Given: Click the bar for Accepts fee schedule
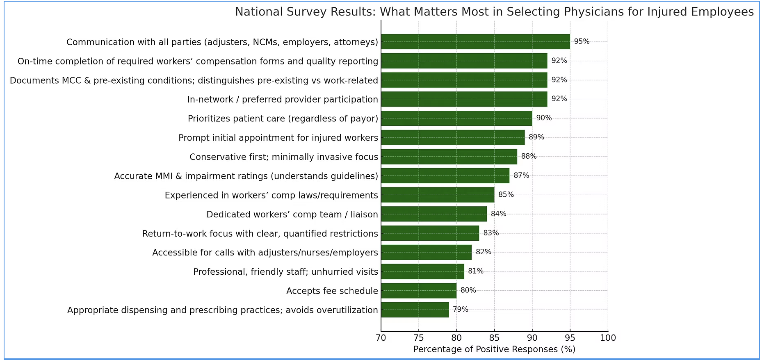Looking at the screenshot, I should [x=418, y=291].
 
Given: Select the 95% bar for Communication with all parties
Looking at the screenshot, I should [x=475, y=42].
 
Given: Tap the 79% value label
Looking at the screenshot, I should [x=461, y=310].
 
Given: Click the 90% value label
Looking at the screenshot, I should [x=544, y=118].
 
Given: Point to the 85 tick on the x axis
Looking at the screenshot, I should [x=494, y=338].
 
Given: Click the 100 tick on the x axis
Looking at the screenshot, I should [x=608, y=338].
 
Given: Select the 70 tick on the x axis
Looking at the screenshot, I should [x=381, y=338].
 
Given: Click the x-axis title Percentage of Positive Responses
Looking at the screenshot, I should [x=494, y=349].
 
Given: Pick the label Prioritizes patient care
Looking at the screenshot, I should [x=283, y=119].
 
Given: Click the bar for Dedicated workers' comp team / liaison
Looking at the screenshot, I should [x=433, y=214].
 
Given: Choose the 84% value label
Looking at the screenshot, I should [x=498, y=214].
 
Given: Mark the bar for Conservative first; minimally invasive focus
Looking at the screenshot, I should [x=449, y=157].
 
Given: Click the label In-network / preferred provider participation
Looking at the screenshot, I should [x=283, y=100].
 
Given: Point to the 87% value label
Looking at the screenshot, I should [x=521, y=175].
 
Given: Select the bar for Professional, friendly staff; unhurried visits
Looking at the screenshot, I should [x=422, y=271].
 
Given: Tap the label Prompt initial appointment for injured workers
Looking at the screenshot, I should [x=278, y=138].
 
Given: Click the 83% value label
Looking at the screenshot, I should [x=491, y=233].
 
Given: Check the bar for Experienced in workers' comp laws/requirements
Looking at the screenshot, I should [x=437, y=195].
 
